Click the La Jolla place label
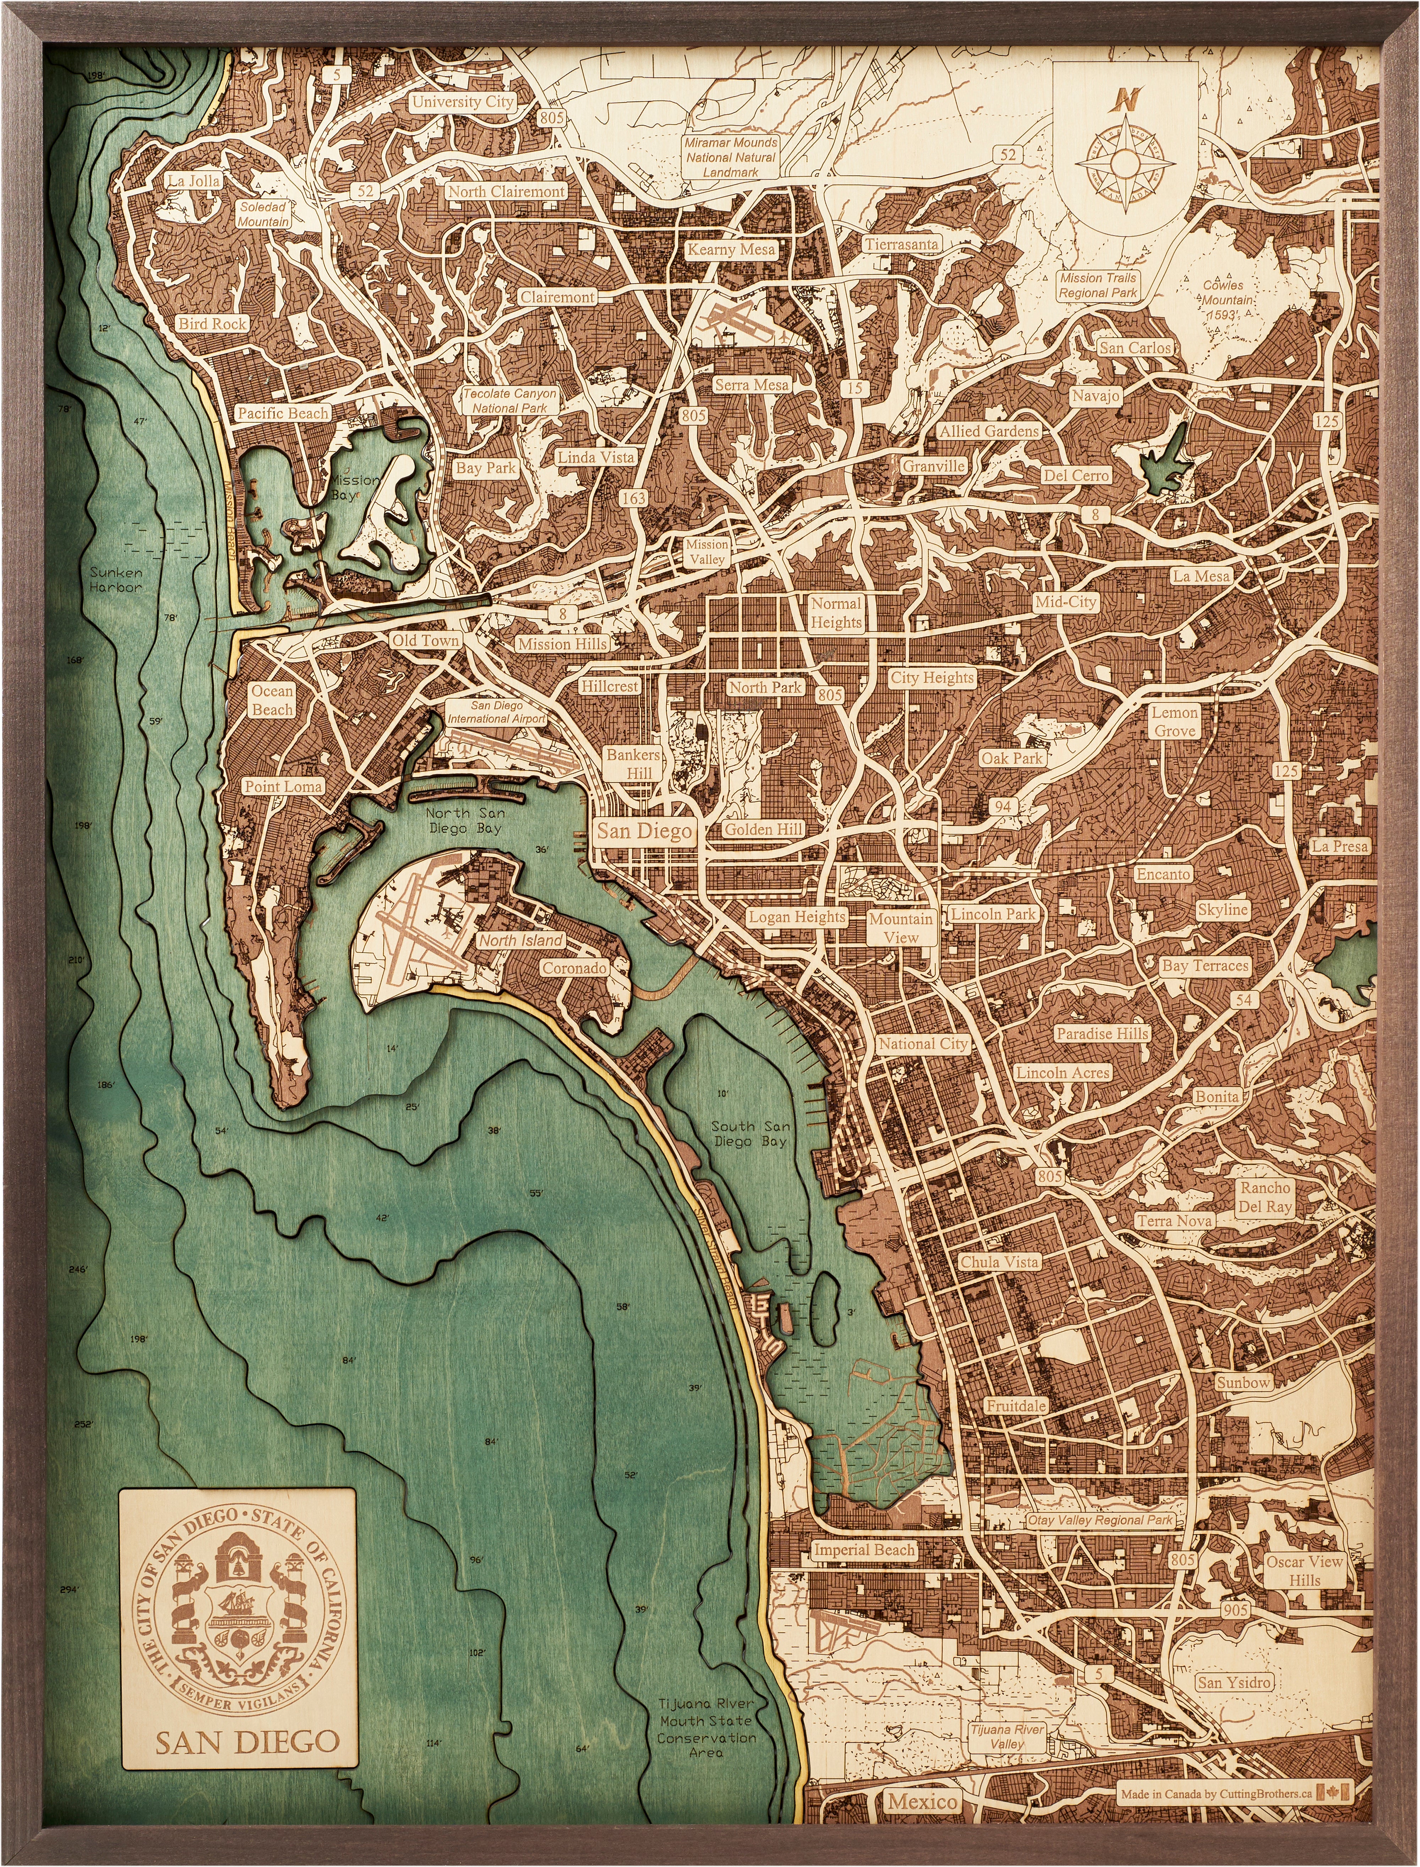[193, 180]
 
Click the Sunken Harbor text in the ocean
[116, 579]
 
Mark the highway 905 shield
[1235, 1610]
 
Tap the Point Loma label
[283, 786]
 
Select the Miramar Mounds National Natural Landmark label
[731, 157]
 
